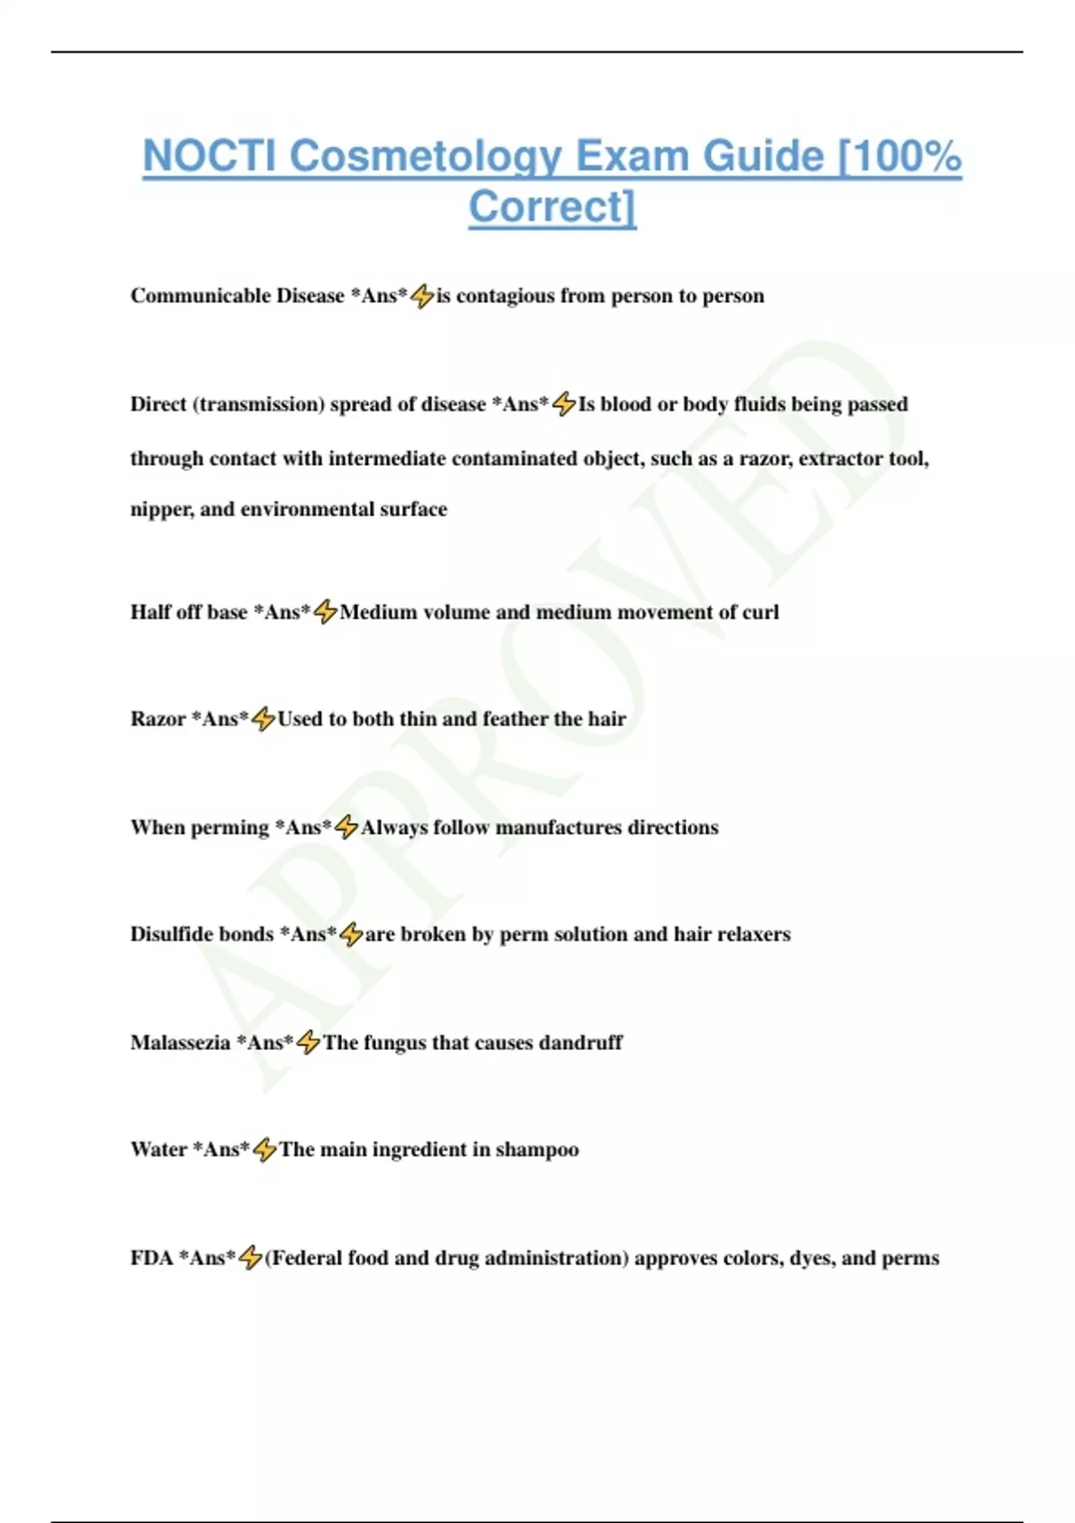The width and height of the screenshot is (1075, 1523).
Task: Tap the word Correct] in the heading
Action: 552,207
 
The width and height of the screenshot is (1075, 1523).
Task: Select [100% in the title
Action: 899,157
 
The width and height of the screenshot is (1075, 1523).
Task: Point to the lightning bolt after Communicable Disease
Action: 422,296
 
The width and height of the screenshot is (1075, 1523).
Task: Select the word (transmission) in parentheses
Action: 258,404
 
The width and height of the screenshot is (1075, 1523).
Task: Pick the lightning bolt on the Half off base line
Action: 325,612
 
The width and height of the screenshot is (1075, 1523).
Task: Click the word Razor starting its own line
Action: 158,718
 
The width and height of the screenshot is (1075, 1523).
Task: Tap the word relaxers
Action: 753,934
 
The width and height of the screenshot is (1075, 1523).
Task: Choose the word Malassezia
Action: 180,1043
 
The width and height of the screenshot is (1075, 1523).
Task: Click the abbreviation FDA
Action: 151,1258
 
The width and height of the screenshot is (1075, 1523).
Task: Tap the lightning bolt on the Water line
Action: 264,1149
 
